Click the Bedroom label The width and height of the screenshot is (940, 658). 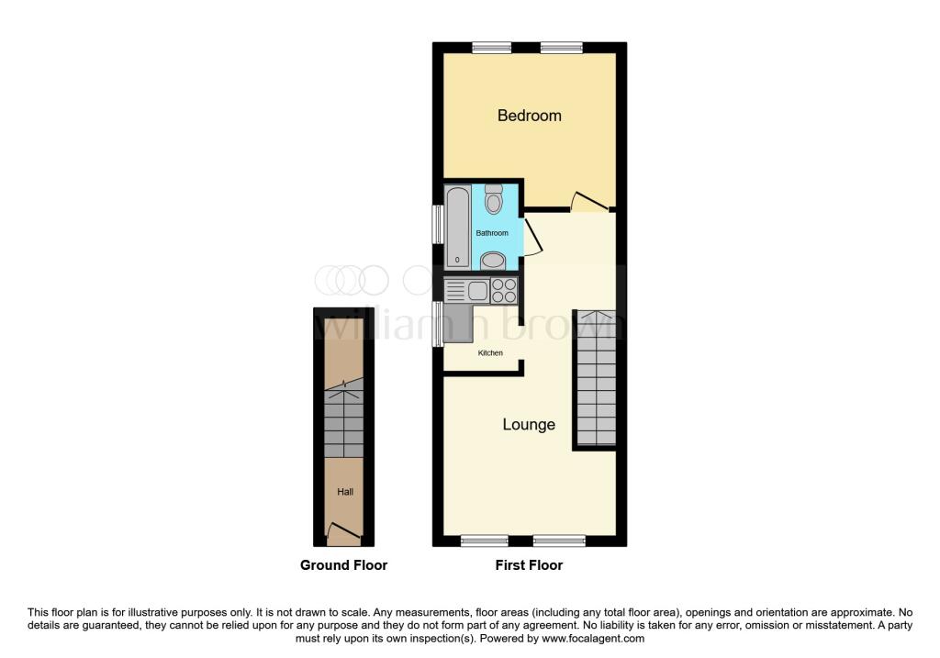click(529, 116)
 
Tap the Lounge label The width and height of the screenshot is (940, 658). click(529, 425)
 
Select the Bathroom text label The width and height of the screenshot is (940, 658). click(491, 233)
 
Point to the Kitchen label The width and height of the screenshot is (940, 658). click(490, 352)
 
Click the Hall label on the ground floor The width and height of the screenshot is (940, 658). click(344, 492)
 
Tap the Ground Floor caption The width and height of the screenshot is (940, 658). click(343, 565)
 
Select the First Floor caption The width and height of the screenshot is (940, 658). click(529, 565)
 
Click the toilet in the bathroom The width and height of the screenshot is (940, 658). click(494, 199)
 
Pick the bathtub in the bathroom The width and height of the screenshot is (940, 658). click(457, 228)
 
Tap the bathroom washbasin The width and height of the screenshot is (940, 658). click(493, 261)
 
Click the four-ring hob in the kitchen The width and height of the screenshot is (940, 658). click(504, 291)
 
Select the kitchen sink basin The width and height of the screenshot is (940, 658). click(477, 291)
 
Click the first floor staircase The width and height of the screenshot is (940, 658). click(595, 378)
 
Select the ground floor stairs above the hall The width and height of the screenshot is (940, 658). click(344, 422)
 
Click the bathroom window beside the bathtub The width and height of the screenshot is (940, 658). click(438, 224)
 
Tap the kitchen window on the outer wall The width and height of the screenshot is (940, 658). click(438, 323)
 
